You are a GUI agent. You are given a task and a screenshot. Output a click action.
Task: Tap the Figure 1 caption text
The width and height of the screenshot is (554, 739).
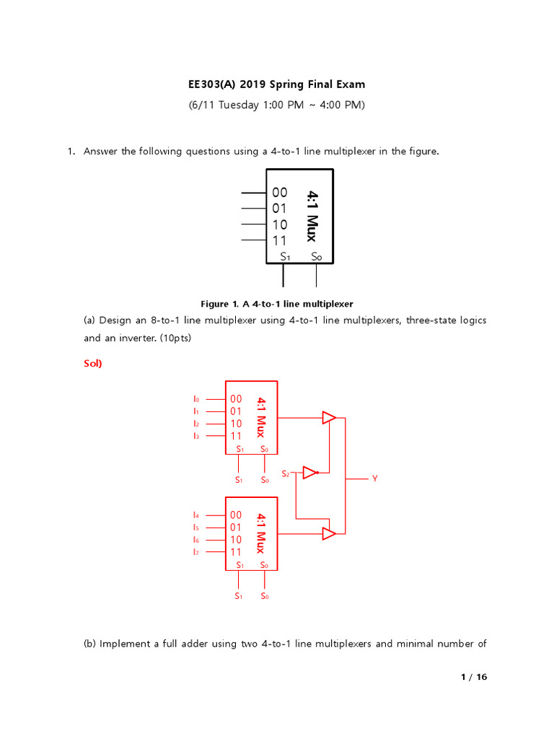tap(276, 304)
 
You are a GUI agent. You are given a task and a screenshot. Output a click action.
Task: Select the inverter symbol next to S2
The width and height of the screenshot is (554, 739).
tap(310, 473)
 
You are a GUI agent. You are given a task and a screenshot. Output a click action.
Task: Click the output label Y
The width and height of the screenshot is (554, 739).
tap(375, 478)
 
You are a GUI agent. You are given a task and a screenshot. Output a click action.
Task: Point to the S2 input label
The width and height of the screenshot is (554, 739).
tap(286, 473)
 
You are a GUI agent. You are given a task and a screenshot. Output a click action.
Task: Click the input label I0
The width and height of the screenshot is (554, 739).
tap(195, 398)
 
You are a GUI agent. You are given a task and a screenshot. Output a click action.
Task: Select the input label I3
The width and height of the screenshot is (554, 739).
tap(195, 435)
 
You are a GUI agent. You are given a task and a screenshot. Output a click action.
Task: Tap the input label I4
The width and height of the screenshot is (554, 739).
tap(195, 515)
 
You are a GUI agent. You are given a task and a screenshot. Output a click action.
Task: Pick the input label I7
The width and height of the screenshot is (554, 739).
tap(195, 551)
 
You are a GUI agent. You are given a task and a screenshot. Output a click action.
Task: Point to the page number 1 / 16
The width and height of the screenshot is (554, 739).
tap(474, 677)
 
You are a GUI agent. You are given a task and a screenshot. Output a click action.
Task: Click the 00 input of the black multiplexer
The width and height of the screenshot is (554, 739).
tap(280, 193)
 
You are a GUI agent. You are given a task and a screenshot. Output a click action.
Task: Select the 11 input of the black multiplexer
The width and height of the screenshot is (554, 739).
tap(280, 240)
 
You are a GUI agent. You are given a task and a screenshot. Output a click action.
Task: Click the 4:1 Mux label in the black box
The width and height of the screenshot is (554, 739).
tap(312, 216)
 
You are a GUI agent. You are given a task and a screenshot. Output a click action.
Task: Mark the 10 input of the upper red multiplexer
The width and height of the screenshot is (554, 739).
tap(236, 424)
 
